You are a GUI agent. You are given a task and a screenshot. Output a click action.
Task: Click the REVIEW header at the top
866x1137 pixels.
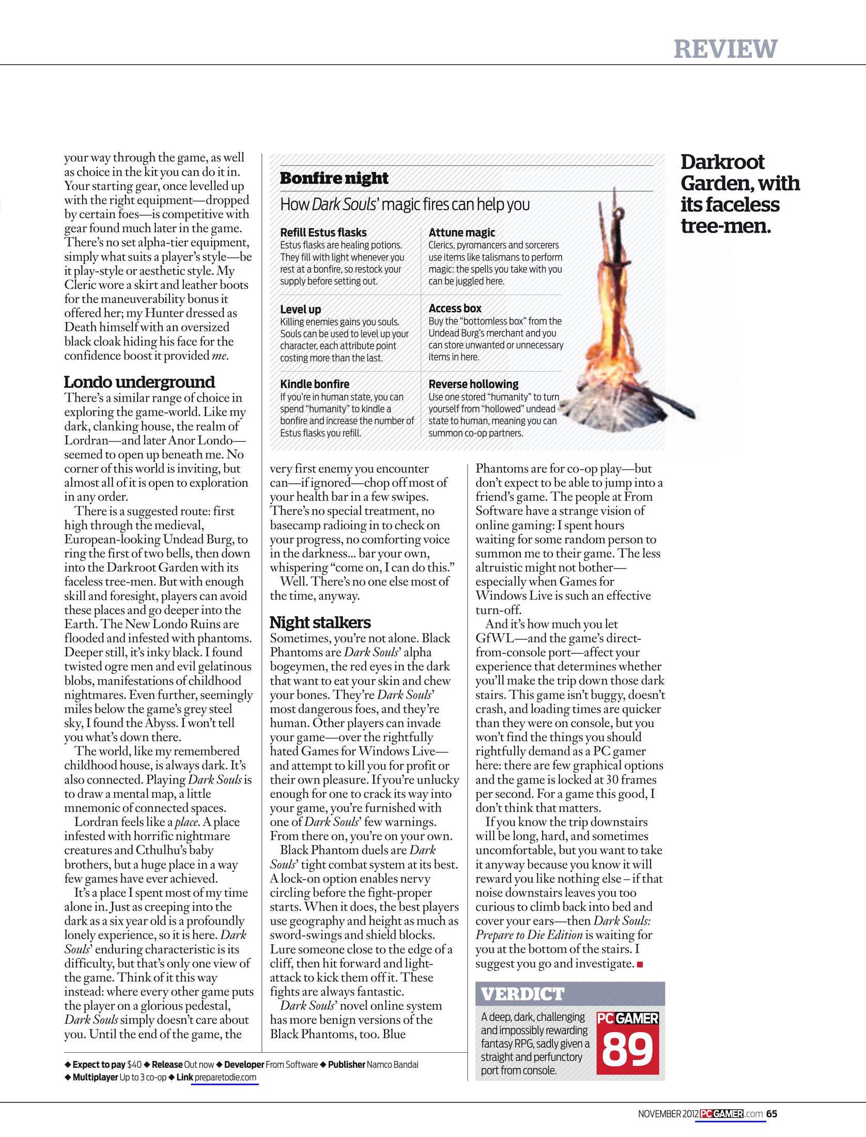[x=725, y=49]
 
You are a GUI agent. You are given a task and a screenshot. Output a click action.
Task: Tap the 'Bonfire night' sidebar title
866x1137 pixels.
[x=334, y=178]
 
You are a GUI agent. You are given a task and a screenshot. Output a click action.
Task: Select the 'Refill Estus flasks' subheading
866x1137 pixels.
[x=323, y=233]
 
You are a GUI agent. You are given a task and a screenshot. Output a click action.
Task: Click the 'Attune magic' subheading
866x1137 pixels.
[x=461, y=233]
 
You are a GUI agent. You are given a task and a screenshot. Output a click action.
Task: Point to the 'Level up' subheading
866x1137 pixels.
[x=300, y=309]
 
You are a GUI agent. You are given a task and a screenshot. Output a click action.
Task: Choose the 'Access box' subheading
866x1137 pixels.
[x=455, y=309]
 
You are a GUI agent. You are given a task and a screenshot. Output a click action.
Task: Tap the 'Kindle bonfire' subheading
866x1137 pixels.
[x=314, y=384]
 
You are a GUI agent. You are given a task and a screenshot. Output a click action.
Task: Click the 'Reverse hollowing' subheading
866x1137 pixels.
[x=473, y=384]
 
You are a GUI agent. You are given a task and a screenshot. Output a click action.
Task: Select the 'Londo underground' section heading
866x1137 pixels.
[x=139, y=382]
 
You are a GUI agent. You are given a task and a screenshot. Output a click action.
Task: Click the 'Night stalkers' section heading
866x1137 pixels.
[x=320, y=622]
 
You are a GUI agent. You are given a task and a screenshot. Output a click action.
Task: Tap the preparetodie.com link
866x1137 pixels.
[x=225, y=1078]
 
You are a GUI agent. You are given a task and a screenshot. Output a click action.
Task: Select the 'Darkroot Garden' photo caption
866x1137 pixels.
[x=739, y=194]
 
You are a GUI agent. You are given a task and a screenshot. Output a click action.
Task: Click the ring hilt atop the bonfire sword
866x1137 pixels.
[x=618, y=212]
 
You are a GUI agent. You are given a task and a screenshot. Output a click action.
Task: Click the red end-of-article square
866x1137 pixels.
[x=640, y=964]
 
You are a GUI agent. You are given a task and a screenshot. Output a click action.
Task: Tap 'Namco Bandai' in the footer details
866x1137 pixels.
[x=392, y=1064]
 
